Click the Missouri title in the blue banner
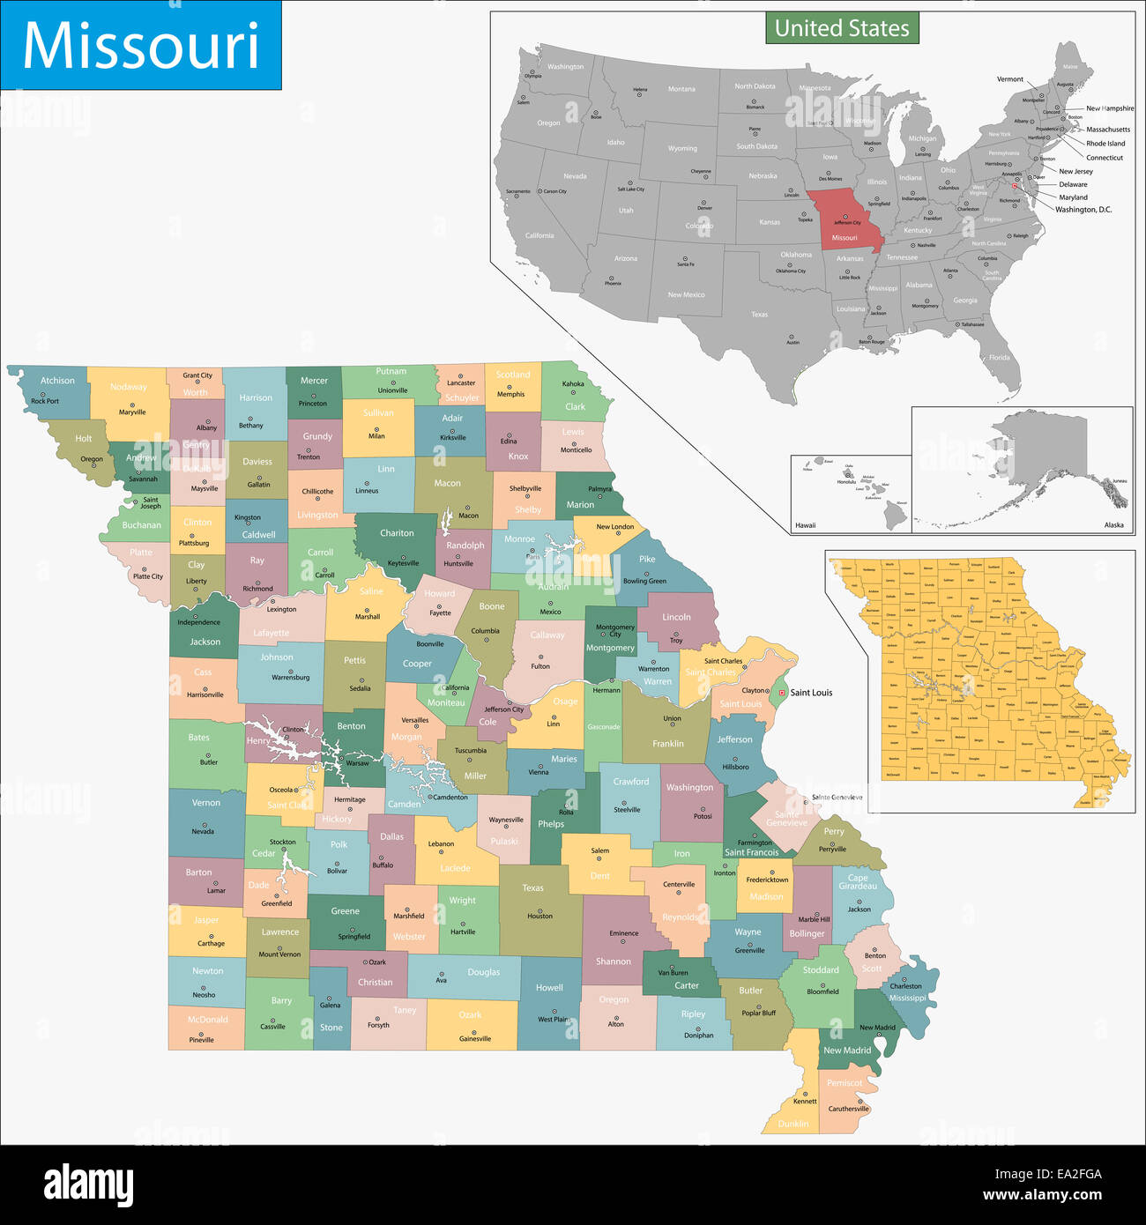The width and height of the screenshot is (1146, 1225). (x=141, y=46)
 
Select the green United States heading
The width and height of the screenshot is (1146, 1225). (x=841, y=28)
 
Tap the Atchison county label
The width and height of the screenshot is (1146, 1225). (x=57, y=381)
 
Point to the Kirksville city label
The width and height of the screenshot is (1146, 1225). (x=452, y=437)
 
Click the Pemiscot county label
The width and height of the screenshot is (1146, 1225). (x=845, y=1083)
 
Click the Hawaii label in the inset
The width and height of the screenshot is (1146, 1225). (x=805, y=525)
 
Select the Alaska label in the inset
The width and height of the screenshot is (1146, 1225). (x=1113, y=525)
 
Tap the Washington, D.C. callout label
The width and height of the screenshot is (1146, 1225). (x=1083, y=210)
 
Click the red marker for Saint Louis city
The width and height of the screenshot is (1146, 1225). (x=781, y=693)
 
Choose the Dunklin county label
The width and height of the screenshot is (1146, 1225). (x=793, y=1124)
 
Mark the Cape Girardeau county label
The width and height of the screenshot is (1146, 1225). (x=858, y=882)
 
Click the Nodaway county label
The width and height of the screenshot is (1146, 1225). (x=129, y=387)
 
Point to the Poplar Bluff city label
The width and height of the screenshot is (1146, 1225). (x=758, y=1013)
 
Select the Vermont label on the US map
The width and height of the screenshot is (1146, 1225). (x=1009, y=79)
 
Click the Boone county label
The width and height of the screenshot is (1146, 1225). (x=492, y=606)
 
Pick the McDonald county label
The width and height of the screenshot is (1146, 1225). (x=207, y=1020)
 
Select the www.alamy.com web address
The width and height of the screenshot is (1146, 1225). (x=1042, y=1196)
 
